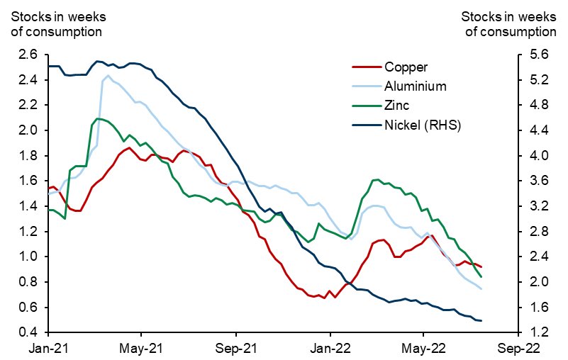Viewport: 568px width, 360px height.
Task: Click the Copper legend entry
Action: (406, 68)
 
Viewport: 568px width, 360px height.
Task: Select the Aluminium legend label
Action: (415, 87)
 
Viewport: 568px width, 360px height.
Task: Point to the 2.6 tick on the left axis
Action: (28, 55)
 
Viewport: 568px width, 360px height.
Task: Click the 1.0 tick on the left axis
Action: (28, 257)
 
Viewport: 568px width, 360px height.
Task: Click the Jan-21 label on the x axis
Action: (48, 349)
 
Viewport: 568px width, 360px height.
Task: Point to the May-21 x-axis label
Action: (142, 349)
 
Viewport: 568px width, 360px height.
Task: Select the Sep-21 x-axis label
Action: (236, 349)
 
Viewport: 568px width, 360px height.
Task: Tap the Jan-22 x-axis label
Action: (330, 349)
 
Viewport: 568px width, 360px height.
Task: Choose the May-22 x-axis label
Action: (423, 349)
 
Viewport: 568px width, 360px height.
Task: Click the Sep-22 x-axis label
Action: (518, 349)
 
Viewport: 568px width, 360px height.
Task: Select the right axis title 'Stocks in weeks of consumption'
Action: (508, 23)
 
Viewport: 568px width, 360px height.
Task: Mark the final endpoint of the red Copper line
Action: (481, 267)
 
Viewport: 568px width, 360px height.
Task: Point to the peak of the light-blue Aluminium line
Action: (108, 75)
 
